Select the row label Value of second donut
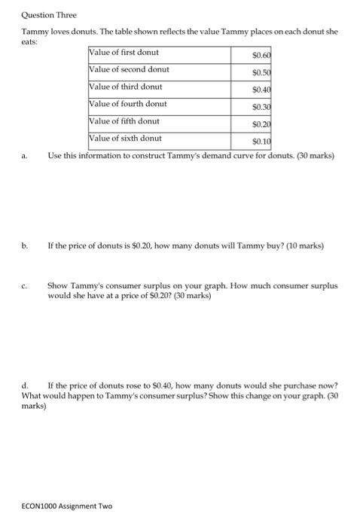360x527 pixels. coord(129,69)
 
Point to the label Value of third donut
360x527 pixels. coord(126,87)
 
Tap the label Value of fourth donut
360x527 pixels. coord(128,104)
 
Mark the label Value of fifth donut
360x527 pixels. coord(124,120)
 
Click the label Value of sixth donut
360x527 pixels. coord(125,139)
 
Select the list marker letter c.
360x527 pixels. coord(25,287)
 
